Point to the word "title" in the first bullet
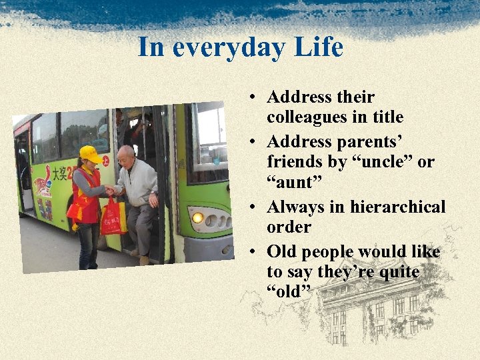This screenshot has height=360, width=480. tap(387, 117)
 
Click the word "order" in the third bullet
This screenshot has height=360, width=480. tap(289, 227)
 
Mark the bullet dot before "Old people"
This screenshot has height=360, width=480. tap(255, 252)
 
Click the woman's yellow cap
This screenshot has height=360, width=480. tap(90, 154)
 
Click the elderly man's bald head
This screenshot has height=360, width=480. tap(125, 155)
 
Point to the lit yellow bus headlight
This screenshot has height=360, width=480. tap(197, 217)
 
